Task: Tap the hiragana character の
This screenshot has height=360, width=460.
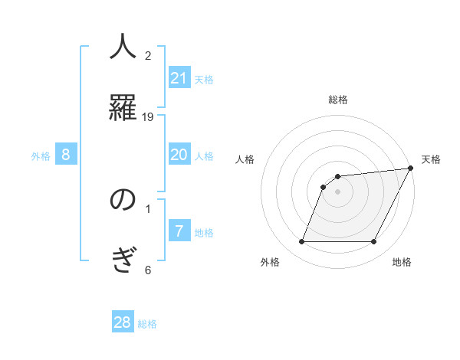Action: pyautogui.click(x=123, y=200)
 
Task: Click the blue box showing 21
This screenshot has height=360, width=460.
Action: pyautogui.click(x=179, y=78)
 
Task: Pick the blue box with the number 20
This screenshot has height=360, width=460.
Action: pyautogui.click(x=179, y=155)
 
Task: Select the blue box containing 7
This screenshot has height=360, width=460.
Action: pyautogui.click(x=179, y=231)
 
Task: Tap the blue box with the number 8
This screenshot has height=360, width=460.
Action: pyautogui.click(x=66, y=155)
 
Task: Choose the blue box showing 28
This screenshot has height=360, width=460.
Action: pyautogui.click(x=123, y=322)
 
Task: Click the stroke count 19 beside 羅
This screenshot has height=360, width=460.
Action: pyautogui.click(x=148, y=116)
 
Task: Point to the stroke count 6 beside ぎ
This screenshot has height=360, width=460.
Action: pyautogui.click(x=148, y=270)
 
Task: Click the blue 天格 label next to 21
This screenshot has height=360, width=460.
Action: pyautogui.click(x=204, y=80)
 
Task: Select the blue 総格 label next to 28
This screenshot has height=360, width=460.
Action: pyautogui.click(x=147, y=324)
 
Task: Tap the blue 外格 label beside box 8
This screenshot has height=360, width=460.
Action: pyautogui.click(x=41, y=156)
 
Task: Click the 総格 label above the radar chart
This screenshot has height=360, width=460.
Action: pyautogui.click(x=338, y=100)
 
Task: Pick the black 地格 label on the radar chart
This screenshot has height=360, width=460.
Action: pyautogui.click(x=402, y=263)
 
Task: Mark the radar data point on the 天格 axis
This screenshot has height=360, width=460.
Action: pyautogui.click(x=410, y=169)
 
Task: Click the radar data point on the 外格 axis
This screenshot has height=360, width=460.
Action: pyautogui.click(x=301, y=242)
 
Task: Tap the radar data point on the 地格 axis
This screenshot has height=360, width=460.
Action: pyautogui.click(x=374, y=242)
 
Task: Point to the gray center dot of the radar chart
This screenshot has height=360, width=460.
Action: pyautogui.click(x=338, y=192)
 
